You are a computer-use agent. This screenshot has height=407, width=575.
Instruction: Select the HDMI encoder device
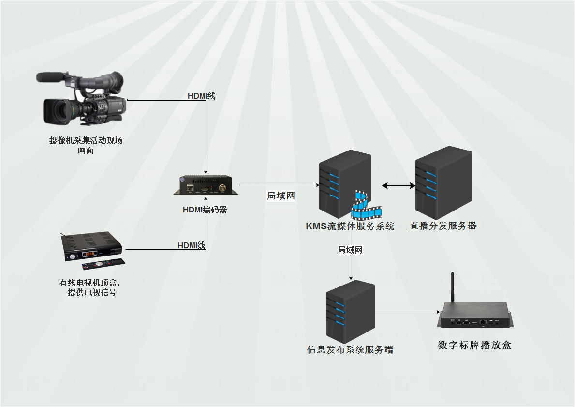(206, 186)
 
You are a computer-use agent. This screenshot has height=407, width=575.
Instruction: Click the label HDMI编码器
(205, 210)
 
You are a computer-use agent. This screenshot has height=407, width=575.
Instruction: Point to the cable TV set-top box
(92, 246)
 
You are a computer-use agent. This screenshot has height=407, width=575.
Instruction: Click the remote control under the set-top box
(103, 264)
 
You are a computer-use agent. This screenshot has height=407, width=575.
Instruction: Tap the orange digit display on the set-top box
(89, 254)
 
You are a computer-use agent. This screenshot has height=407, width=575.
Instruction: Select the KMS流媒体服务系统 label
(350, 226)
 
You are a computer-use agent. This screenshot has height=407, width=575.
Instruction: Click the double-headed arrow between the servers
(398, 185)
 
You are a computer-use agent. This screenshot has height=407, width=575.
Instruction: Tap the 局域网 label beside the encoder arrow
(281, 196)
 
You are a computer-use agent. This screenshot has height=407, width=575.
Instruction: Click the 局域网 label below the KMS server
(350, 250)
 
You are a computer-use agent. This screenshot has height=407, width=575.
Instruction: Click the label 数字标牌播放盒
(474, 345)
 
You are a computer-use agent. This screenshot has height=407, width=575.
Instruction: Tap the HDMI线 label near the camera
(201, 96)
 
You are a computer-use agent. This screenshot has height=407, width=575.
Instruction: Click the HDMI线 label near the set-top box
(191, 245)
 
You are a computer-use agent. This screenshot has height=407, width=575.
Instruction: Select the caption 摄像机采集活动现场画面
(86, 145)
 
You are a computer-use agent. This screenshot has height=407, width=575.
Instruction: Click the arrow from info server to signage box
(406, 312)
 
